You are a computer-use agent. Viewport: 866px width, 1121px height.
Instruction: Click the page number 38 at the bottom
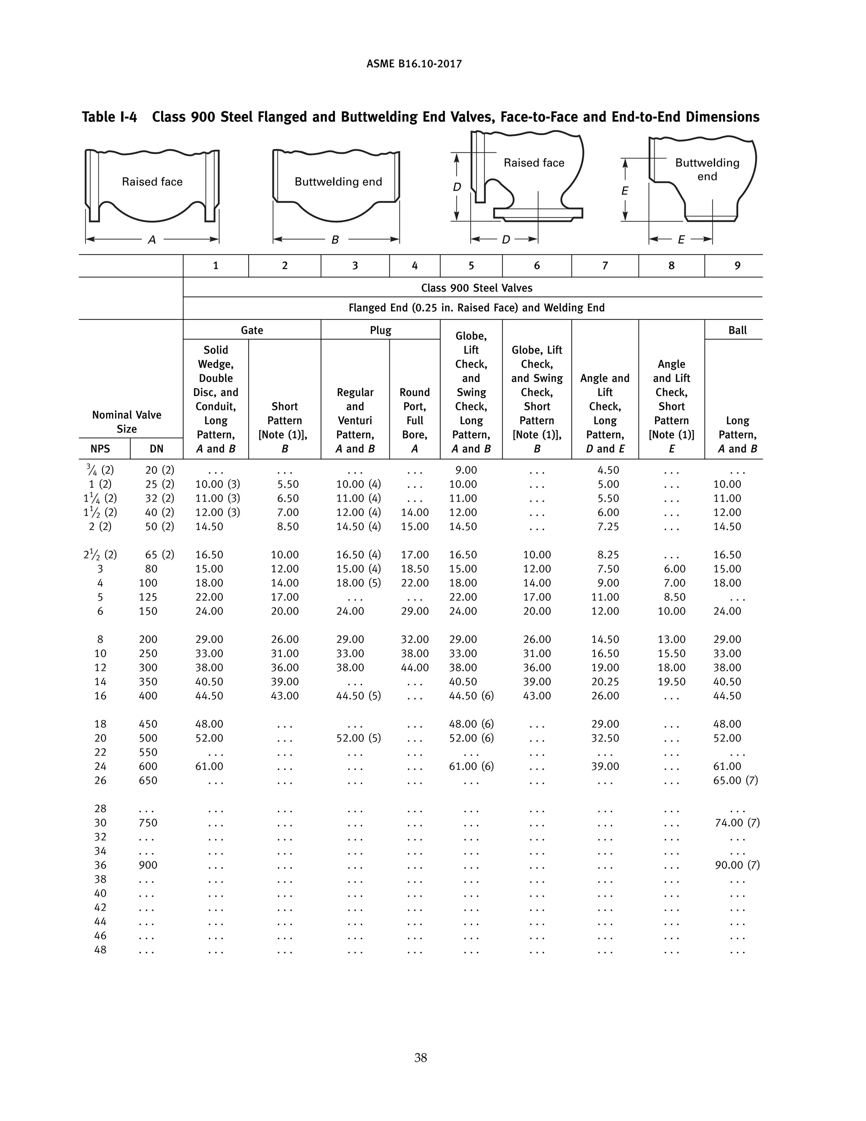420,1058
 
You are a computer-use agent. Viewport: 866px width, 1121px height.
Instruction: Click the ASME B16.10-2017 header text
414,64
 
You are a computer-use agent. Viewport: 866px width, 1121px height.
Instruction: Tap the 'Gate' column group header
252,330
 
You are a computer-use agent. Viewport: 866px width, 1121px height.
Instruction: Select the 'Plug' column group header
380,330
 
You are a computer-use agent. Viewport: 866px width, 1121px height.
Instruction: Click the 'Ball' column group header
737,330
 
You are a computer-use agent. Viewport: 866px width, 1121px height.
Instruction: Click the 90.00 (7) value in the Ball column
737,865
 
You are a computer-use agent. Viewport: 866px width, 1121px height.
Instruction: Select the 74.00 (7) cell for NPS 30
737,822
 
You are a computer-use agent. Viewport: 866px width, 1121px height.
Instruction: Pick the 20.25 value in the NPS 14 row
605,681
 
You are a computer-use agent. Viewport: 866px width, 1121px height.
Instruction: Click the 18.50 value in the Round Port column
414,569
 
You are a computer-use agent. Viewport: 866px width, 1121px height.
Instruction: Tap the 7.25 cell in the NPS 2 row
608,526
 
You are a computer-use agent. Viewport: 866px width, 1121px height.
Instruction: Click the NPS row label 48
100,950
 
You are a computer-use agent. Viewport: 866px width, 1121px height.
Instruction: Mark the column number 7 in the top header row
605,265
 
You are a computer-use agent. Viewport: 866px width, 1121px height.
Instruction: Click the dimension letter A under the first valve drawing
152,240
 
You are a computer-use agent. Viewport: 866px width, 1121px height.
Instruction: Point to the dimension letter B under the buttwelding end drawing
335,240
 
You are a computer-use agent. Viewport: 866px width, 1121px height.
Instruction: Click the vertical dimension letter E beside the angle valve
625,191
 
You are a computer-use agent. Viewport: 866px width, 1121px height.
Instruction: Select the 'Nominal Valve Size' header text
127,421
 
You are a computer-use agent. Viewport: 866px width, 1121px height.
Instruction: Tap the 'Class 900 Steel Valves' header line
476,288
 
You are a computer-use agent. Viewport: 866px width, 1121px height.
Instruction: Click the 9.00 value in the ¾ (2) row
466,470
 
